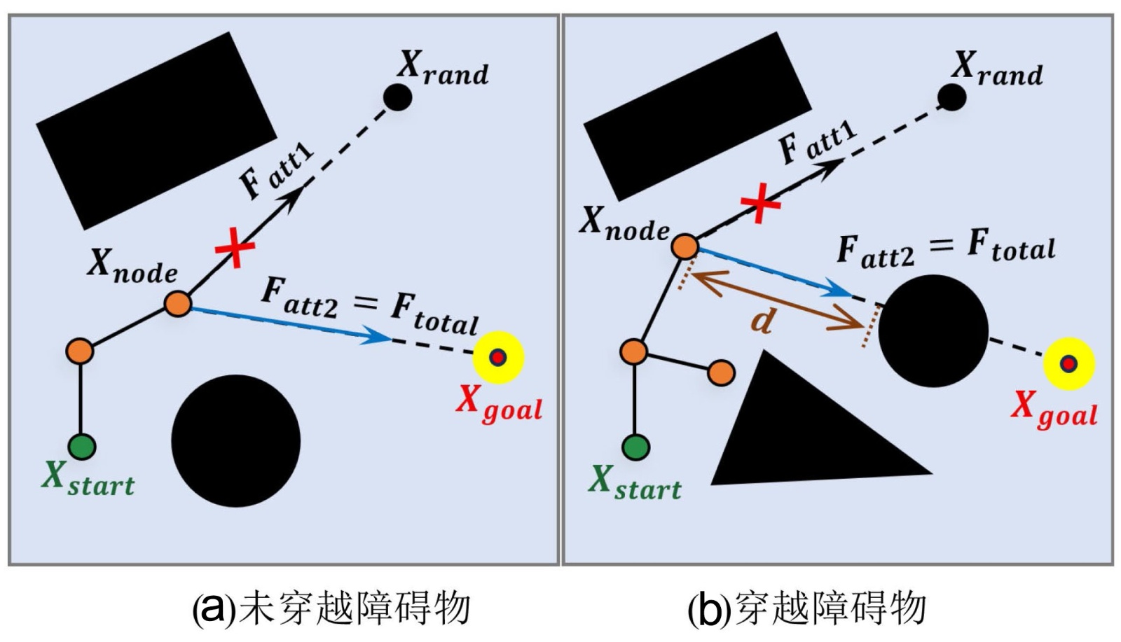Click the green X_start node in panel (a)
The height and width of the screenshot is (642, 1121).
82,446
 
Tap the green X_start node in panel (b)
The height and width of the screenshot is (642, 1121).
635,447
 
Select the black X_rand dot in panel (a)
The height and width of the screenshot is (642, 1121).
398,97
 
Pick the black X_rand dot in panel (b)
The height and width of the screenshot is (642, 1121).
951,97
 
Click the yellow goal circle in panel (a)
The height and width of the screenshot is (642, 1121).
498,357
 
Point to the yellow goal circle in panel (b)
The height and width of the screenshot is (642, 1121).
1068,363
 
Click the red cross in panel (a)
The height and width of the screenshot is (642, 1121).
235,247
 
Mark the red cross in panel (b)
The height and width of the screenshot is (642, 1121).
760,203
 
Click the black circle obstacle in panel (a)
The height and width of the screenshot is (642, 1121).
236,440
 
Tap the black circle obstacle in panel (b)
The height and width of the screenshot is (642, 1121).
933,330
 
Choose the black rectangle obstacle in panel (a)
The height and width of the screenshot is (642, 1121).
156,130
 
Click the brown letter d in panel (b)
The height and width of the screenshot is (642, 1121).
762,321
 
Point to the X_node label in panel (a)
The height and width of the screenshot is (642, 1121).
132,266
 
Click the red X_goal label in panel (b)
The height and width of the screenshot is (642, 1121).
1053,410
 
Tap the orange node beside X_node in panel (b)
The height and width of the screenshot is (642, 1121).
685,246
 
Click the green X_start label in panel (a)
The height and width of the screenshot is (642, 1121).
88,480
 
